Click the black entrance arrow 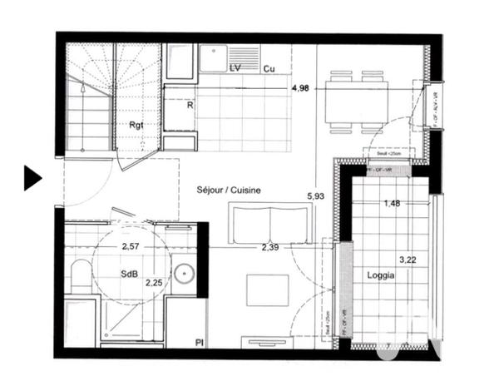[32, 177]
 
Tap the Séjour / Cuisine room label [229, 190]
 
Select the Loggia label [379, 275]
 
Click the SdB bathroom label [129, 275]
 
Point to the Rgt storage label [136, 125]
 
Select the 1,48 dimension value [393, 204]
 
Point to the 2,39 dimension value [271, 247]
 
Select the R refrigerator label [190, 106]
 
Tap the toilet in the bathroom [81, 278]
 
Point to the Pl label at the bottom [200, 342]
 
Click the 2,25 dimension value [154, 283]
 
